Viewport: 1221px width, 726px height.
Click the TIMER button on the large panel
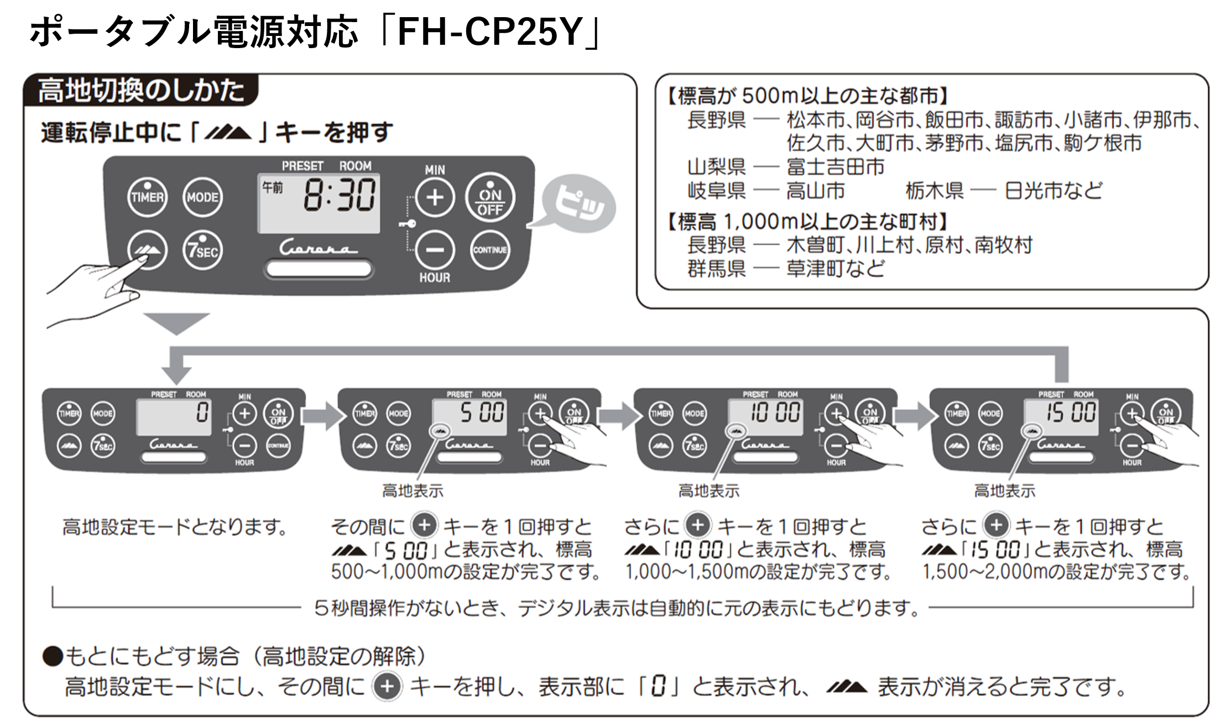point(147,197)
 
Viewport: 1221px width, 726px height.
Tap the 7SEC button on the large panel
point(202,250)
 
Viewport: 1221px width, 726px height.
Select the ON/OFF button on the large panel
point(489,197)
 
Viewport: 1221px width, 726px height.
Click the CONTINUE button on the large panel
point(489,250)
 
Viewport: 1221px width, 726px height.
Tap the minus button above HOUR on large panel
point(435,250)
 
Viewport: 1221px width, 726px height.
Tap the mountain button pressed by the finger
point(147,250)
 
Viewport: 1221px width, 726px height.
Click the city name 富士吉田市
point(835,166)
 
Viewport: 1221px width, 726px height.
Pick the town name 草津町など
point(835,269)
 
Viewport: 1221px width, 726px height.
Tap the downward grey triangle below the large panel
point(177,322)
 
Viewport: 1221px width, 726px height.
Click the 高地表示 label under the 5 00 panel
point(413,491)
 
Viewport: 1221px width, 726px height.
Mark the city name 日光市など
point(1053,191)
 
